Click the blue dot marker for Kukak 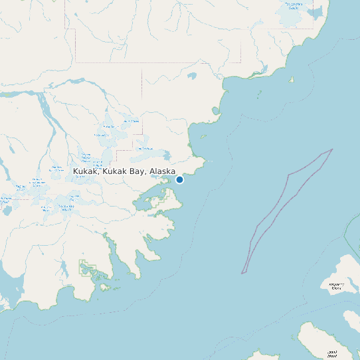point(179,179)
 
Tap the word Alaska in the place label point(162,171)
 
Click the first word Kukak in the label point(85,171)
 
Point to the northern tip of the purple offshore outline point(331,149)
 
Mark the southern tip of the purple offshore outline point(242,272)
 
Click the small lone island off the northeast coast point(291,80)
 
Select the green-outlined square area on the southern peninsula point(88,269)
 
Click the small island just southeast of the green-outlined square point(104,287)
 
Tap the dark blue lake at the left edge point(7,211)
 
